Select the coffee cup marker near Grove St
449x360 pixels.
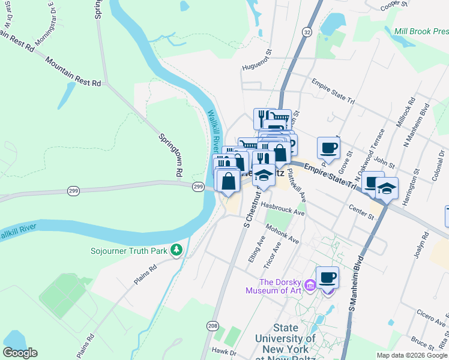(x=328, y=147)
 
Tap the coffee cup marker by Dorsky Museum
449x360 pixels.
(x=327, y=277)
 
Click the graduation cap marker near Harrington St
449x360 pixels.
(x=387, y=188)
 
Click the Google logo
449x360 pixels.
(x=20, y=353)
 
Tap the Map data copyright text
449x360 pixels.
(x=412, y=355)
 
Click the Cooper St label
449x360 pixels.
(x=395, y=6)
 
